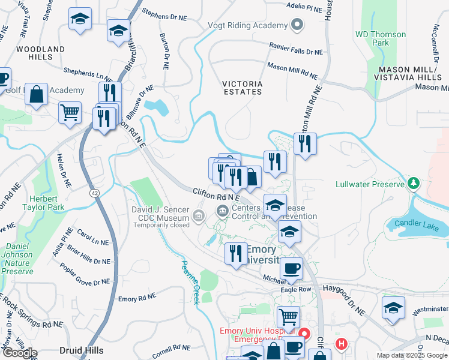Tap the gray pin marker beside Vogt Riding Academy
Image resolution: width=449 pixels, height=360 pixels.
(x=296, y=26)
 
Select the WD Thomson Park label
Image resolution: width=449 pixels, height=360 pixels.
(x=381, y=38)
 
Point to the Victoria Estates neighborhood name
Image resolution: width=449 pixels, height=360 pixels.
(x=242, y=88)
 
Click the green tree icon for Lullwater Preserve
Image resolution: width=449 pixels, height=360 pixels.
(x=413, y=183)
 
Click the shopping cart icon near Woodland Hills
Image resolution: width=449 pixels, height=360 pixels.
(x=70, y=111)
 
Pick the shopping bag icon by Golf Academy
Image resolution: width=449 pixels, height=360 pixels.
(x=37, y=94)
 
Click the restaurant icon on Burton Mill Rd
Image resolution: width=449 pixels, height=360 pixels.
(x=305, y=143)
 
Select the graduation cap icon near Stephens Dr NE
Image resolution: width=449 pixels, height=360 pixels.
(x=118, y=29)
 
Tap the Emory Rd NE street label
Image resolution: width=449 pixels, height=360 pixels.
(x=137, y=298)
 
